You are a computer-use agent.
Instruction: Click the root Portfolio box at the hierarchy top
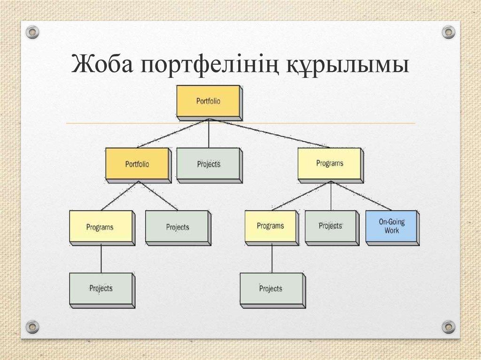click(208, 100)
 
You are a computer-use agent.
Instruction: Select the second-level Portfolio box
click(137, 164)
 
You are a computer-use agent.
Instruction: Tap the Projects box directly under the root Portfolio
click(208, 164)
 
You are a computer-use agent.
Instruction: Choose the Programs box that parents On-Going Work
click(329, 163)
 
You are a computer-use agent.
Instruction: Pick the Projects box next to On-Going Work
click(330, 226)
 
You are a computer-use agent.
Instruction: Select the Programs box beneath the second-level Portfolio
click(100, 227)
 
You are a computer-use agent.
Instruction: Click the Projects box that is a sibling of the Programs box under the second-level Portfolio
click(177, 227)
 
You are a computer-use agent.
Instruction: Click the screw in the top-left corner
click(32, 32)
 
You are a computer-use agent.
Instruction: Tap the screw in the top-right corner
click(449, 32)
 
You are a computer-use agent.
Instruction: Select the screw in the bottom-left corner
click(32, 326)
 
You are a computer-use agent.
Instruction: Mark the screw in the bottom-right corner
click(449, 326)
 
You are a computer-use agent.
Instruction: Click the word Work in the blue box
click(391, 230)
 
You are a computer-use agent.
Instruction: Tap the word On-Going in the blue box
click(391, 222)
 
